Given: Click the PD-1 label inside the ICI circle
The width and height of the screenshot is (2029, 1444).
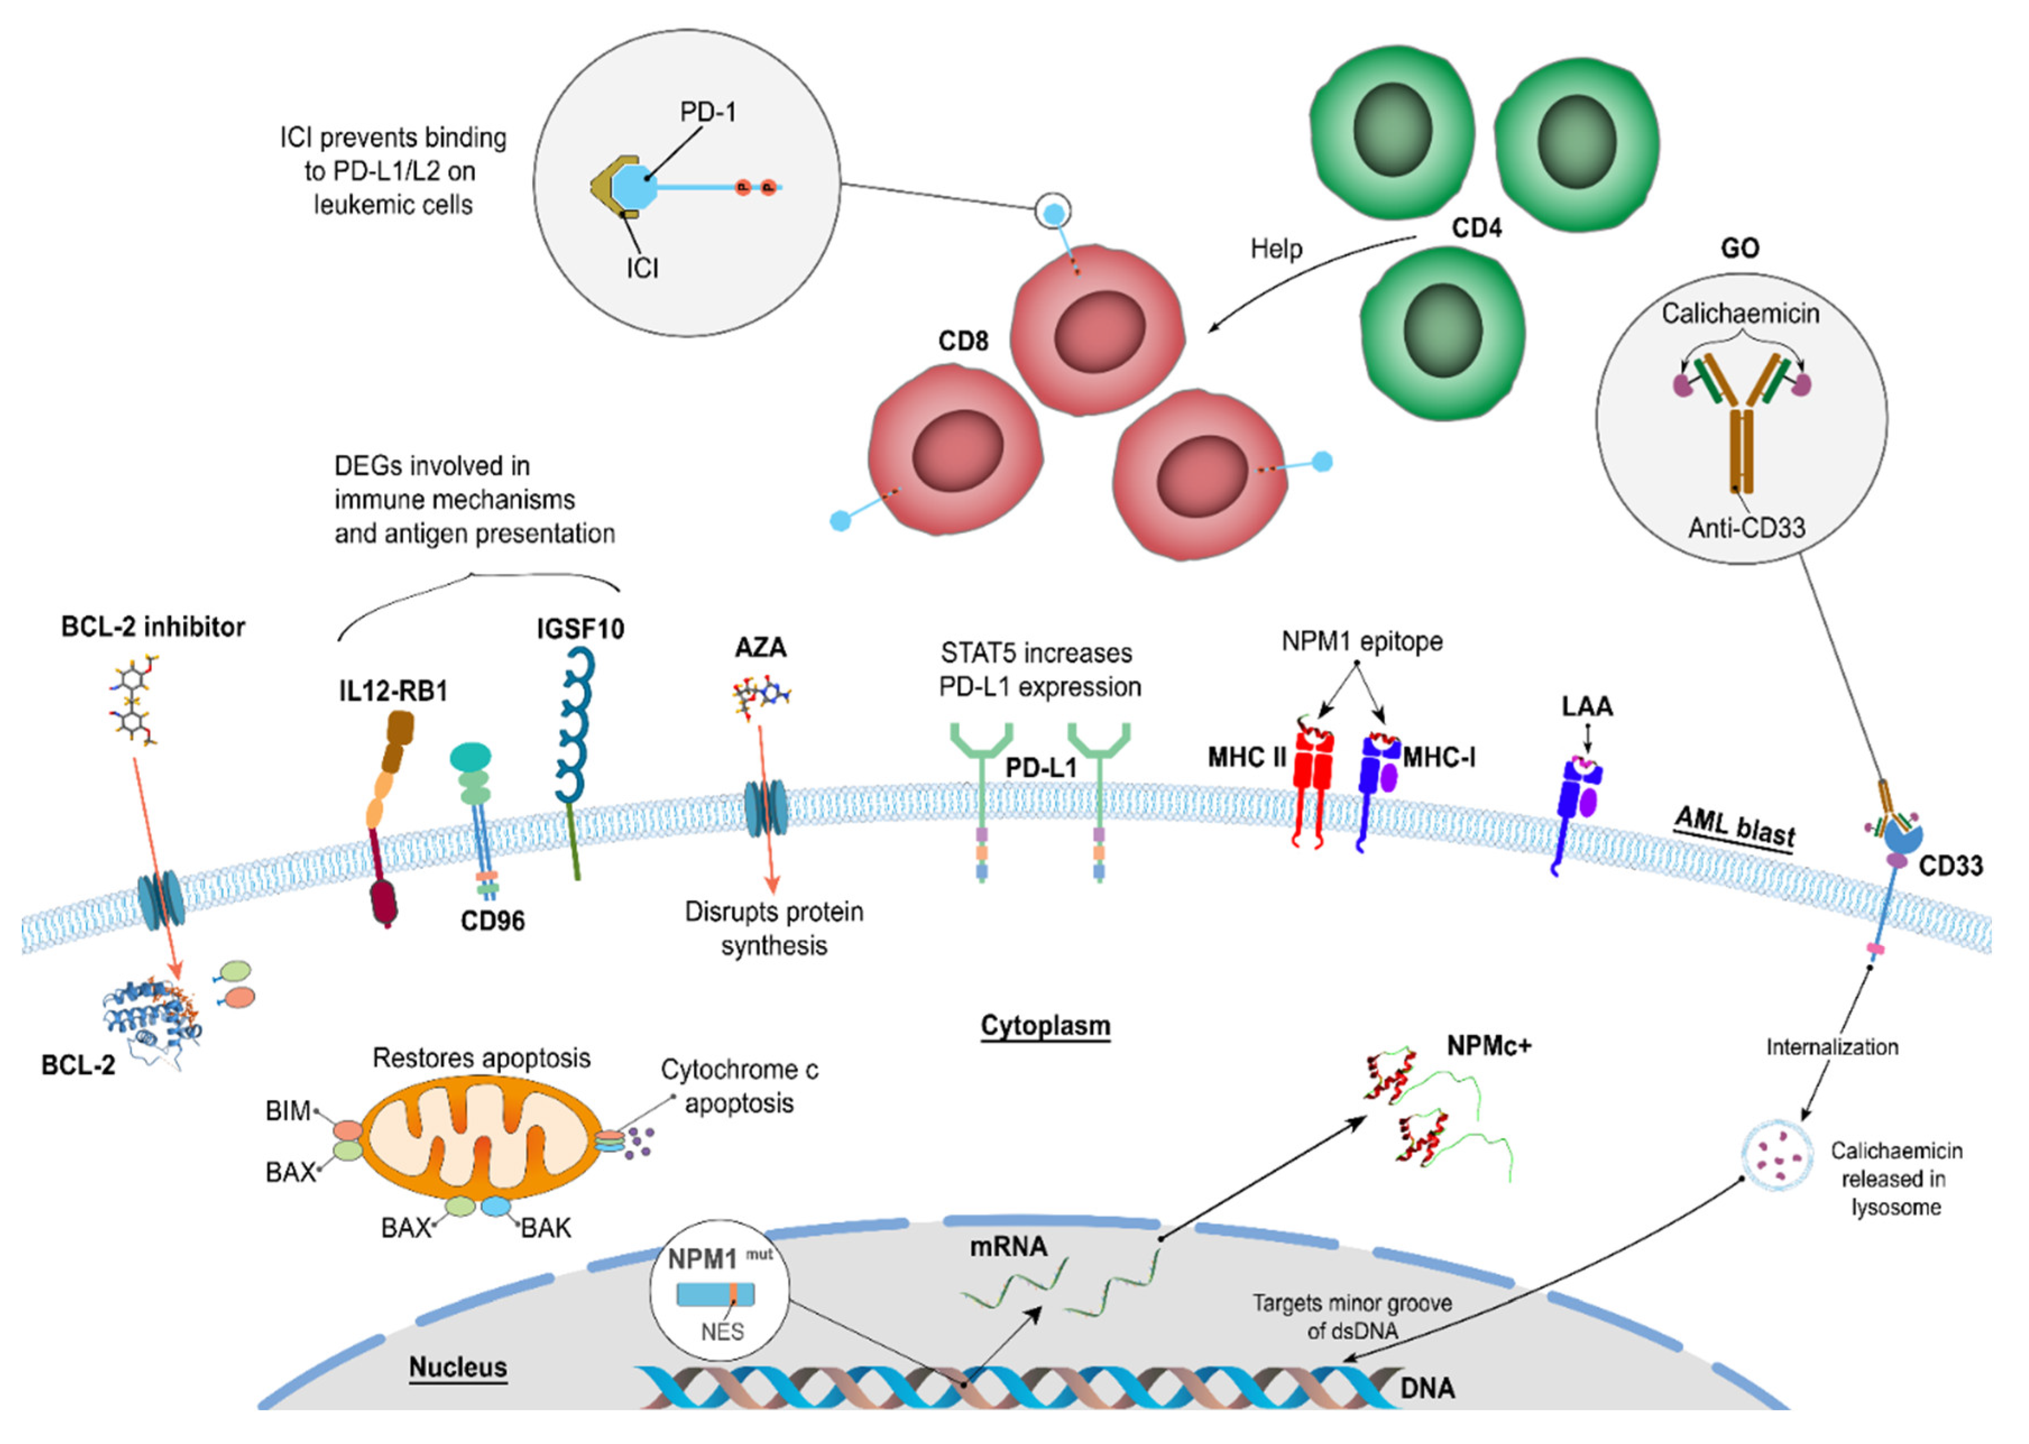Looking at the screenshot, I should pyautogui.click(x=708, y=112).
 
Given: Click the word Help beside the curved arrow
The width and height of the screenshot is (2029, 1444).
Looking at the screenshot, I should pyautogui.click(x=1276, y=249).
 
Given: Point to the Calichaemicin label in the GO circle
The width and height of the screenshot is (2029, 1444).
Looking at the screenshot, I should pyautogui.click(x=1740, y=314).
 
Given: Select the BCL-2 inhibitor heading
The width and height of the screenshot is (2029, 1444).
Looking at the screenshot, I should pyautogui.click(x=153, y=627).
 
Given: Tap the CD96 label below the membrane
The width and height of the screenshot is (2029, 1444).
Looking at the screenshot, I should pyautogui.click(x=492, y=921).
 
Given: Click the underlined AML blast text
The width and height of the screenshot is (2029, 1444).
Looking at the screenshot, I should pyautogui.click(x=1735, y=827).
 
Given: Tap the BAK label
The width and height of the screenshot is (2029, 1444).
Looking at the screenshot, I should pyautogui.click(x=546, y=1228).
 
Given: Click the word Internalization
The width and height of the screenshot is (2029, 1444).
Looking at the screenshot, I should pyautogui.click(x=1832, y=1048).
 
